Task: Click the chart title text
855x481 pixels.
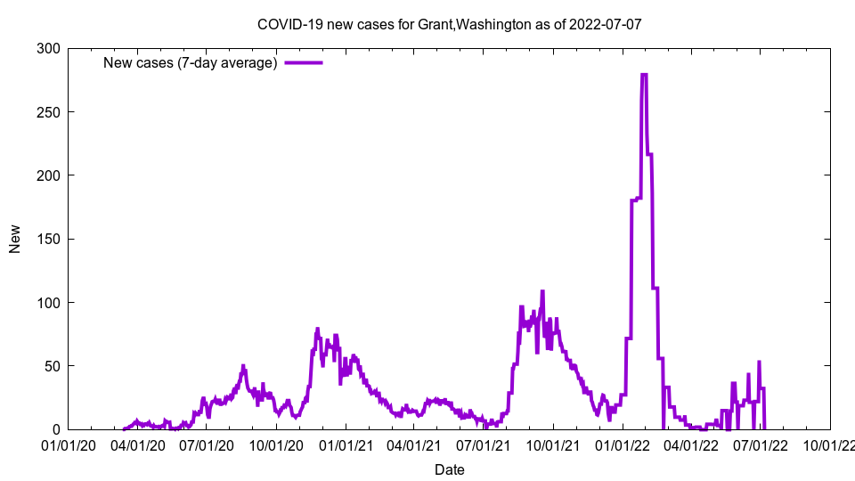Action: click(x=449, y=25)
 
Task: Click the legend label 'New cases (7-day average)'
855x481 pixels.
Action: click(x=191, y=62)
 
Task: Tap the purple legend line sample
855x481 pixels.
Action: click(x=303, y=62)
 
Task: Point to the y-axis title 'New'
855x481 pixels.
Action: click(x=15, y=239)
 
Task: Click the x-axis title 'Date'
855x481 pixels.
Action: click(x=449, y=469)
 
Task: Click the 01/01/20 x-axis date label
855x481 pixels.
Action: click(x=68, y=444)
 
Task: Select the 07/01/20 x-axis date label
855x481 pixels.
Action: click(x=207, y=444)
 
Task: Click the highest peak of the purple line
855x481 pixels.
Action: click(x=643, y=75)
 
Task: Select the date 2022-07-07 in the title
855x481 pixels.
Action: click(x=605, y=25)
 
